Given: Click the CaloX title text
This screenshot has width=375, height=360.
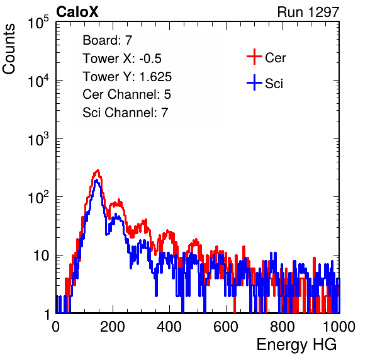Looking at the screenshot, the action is click(x=77, y=12).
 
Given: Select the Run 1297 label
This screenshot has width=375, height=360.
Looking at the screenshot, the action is click(x=308, y=12).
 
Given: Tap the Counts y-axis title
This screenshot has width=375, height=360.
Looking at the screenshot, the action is click(x=9, y=49).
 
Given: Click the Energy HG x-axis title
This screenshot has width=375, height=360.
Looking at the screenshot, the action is click(x=296, y=344).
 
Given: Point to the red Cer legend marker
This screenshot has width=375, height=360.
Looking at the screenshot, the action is click(x=254, y=57).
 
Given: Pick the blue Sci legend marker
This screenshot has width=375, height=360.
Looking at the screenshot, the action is click(x=254, y=82).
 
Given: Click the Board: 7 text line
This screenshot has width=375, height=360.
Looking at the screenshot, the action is click(x=107, y=40).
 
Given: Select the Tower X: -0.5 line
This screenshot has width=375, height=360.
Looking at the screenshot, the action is click(x=122, y=59).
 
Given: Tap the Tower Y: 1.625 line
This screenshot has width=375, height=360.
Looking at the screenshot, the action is click(x=127, y=77).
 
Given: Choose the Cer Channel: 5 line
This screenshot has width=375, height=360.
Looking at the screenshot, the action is click(x=126, y=94).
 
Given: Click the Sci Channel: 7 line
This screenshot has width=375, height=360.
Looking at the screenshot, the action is click(x=125, y=113).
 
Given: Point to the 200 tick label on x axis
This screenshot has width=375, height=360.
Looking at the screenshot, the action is click(x=113, y=327).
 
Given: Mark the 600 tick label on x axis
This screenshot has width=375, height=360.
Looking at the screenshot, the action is click(x=226, y=327).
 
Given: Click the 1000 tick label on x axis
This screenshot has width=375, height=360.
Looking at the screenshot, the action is click(x=339, y=327).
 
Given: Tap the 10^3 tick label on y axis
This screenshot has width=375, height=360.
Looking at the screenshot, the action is click(x=38, y=139).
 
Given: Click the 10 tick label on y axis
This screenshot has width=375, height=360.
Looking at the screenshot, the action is click(x=41, y=256).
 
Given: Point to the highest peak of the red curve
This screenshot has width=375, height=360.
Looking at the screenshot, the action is click(x=98, y=171).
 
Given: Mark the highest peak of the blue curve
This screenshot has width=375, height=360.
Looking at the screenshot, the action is click(x=96, y=180).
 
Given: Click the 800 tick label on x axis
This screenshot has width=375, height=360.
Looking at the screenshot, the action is click(x=283, y=327).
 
